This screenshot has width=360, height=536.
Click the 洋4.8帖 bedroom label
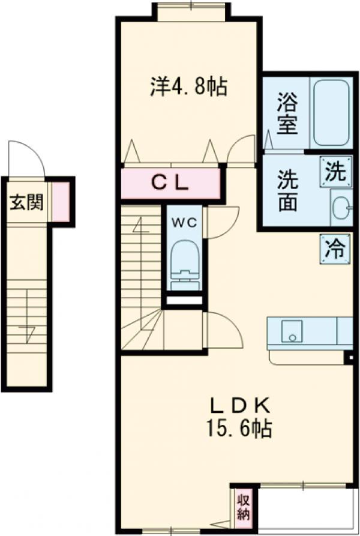point(188,88)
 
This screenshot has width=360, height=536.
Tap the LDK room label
point(239,405)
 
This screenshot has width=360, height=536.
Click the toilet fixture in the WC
point(184,265)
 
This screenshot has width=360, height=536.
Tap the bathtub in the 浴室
point(331,112)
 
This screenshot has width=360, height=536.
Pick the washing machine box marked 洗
point(335,172)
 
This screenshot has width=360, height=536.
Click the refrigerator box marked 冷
point(335,247)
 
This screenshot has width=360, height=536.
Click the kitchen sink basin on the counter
point(292,331)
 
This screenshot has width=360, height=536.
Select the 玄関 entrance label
point(25,202)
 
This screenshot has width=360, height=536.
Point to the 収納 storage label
point(243,506)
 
